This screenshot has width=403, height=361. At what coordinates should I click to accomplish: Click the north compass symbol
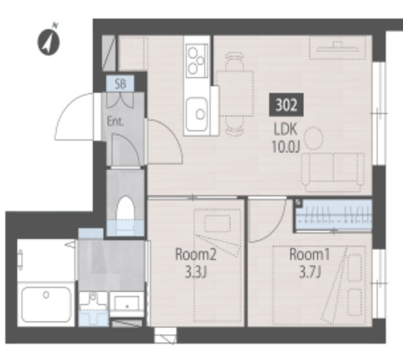(x=49, y=40)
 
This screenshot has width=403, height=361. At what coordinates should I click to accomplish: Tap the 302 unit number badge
(x=287, y=105)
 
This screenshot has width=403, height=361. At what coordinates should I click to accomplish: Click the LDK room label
(x=285, y=129)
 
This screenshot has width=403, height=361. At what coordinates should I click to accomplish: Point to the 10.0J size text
(x=286, y=147)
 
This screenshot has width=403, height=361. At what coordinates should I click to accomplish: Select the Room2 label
(x=196, y=255)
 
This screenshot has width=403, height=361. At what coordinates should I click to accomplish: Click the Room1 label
(x=309, y=255)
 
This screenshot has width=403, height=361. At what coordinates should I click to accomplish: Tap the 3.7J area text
(x=310, y=272)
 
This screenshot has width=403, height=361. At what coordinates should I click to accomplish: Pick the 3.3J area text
(x=196, y=273)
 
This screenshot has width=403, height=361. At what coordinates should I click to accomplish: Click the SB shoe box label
(x=120, y=84)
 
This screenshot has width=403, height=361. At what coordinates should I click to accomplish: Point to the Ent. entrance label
(x=115, y=122)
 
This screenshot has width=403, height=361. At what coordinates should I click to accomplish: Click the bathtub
(x=46, y=304)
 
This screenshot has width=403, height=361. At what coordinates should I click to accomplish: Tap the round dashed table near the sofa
(x=313, y=138)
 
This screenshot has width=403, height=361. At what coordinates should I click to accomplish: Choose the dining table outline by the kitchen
(x=235, y=93)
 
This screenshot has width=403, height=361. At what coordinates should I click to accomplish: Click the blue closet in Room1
(x=333, y=215)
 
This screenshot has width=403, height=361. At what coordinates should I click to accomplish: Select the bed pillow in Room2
(x=217, y=224)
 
